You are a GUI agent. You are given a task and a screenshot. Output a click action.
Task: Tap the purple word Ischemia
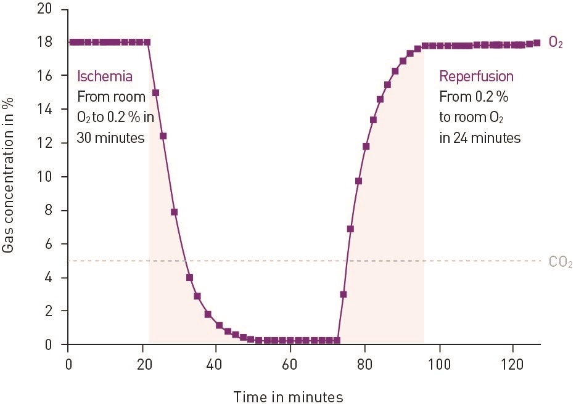(104, 76)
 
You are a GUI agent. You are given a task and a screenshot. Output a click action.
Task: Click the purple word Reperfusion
(476, 76)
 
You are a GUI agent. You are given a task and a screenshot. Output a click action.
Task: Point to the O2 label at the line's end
(556, 43)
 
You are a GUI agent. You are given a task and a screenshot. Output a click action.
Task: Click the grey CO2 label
(560, 262)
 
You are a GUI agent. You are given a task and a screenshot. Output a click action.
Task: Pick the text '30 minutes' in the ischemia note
(110, 137)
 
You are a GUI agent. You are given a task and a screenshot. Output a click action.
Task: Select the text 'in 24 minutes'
(480, 137)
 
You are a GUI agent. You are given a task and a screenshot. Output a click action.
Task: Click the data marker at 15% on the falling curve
(155, 93)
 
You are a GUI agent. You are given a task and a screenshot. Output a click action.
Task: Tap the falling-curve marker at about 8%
(174, 212)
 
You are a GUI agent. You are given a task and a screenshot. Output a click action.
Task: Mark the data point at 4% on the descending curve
(189, 277)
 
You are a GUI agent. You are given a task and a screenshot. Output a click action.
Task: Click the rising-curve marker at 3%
(343, 294)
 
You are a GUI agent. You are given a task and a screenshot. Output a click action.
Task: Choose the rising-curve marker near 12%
(366, 146)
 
